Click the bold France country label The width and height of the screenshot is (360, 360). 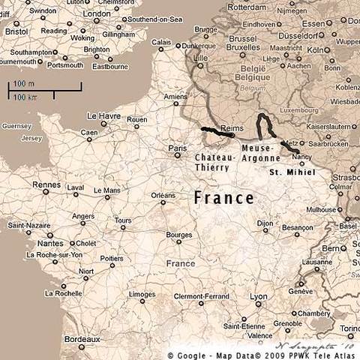[x=223, y=198]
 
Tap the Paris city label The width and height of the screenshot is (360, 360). [x=177, y=149]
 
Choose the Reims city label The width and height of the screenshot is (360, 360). [x=233, y=128]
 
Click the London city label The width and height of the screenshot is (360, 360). [x=96, y=13]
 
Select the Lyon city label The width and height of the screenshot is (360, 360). [x=258, y=297]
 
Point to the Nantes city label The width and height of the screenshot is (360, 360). [x=49, y=243]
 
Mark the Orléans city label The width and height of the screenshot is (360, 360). [x=163, y=195]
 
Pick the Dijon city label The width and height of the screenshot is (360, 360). [x=264, y=223]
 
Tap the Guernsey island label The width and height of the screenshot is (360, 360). [x=14, y=127]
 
